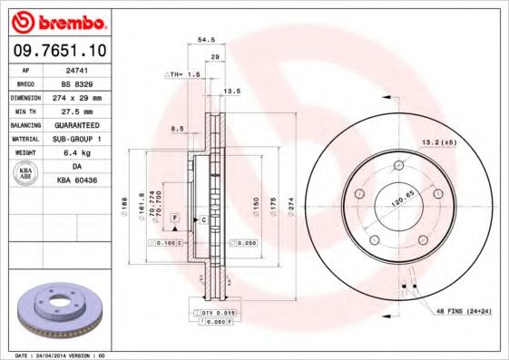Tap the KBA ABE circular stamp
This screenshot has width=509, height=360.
(x=26, y=174)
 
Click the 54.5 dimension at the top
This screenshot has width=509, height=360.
(x=206, y=40)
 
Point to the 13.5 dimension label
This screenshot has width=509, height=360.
(x=231, y=91)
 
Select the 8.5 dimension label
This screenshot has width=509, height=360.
(x=179, y=130)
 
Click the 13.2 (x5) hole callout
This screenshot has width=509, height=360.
(x=436, y=142)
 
